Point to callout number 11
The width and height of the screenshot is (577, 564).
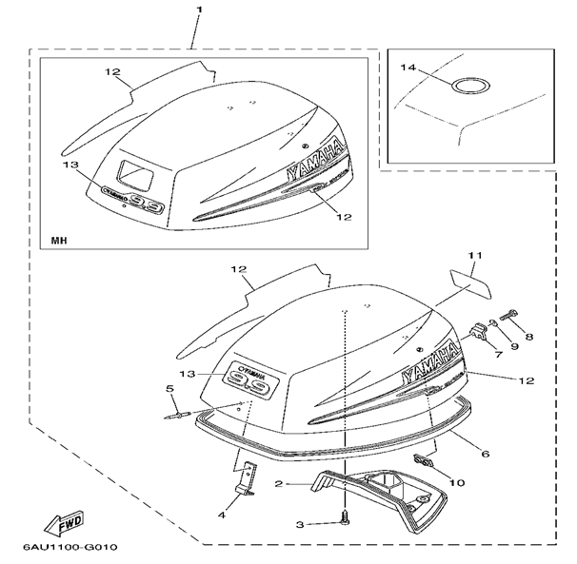tap(474, 256)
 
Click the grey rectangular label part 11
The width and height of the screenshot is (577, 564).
tap(468, 282)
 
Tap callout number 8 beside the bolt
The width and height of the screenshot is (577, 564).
tap(529, 337)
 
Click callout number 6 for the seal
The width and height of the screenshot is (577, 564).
tap(486, 456)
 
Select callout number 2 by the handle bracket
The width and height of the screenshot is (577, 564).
tap(280, 484)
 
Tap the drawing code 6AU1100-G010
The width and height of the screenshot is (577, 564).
tap(66, 549)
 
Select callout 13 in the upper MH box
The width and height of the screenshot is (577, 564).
tap(69, 165)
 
